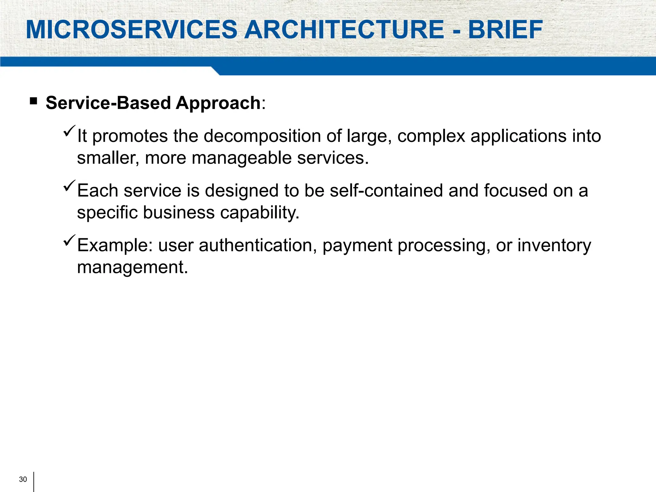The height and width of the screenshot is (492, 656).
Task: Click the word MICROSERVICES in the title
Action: [131, 30]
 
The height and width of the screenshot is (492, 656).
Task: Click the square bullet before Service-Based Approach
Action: [33, 102]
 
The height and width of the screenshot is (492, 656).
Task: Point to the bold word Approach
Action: [218, 103]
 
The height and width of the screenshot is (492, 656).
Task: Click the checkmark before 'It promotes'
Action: [69, 131]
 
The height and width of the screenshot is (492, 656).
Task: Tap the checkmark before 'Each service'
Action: [69, 186]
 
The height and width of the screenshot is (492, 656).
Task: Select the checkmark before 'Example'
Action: [69, 240]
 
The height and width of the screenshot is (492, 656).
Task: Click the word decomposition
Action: [262, 136]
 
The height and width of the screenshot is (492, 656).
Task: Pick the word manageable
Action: [241, 158]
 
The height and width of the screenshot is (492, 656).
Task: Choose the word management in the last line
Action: [132, 267]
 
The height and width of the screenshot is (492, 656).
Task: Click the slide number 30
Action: [23, 479]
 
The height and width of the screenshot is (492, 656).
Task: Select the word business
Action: [179, 213]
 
